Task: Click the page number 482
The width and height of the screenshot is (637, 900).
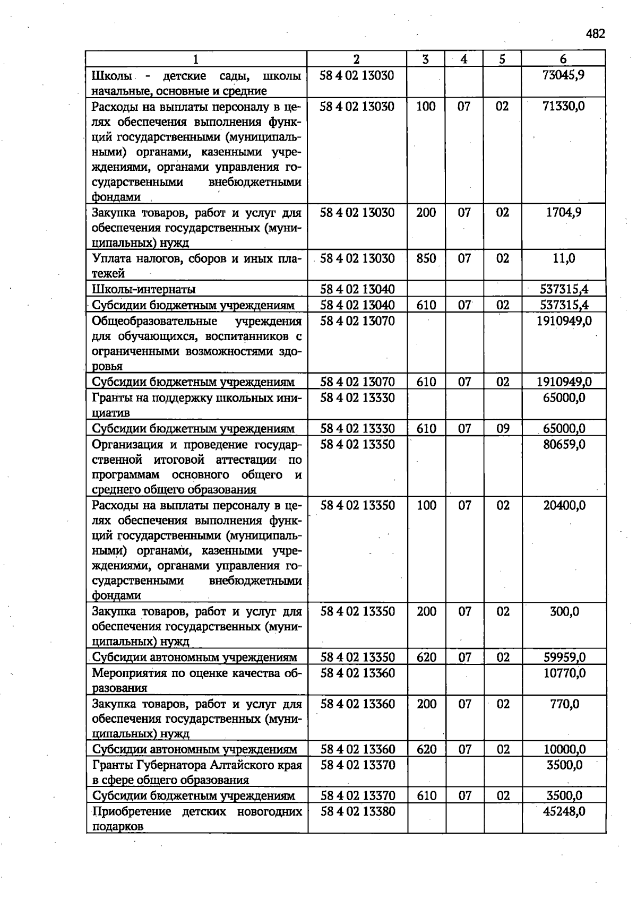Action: [x=595, y=34]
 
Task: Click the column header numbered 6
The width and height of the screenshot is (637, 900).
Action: [x=563, y=59]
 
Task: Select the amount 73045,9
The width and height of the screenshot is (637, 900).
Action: [x=564, y=75]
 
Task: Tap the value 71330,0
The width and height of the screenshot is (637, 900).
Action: [x=564, y=106]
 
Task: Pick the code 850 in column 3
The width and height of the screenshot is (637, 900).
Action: [x=426, y=258]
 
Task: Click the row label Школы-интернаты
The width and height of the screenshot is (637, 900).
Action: [x=143, y=289]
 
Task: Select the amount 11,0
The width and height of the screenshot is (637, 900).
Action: [x=564, y=258]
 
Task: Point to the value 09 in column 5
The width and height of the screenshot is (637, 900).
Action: [x=503, y=428]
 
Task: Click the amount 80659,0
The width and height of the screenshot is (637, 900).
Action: [x=564, y=444]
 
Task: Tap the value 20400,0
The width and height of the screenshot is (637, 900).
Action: [x=564, y=505]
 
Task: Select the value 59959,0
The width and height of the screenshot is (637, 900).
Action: [x=564, y=657]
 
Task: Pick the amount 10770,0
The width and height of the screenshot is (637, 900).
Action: [x=564, y=673]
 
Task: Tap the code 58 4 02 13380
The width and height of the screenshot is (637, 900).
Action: [x=357, y=811]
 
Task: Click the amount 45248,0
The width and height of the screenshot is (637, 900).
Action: [x=564, y=811]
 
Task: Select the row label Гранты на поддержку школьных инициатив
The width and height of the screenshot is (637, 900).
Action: [x=196, y=405]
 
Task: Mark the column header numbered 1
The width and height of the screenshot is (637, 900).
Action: [x=196, y=59]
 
